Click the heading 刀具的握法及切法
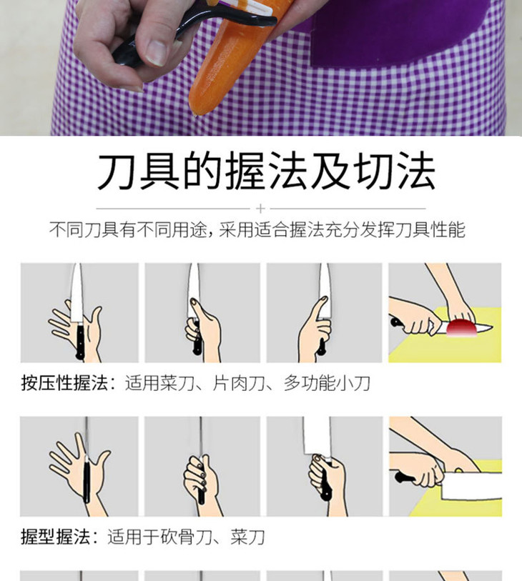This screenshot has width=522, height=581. tap(266, 171)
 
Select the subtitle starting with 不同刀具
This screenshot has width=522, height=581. tap(257, 229)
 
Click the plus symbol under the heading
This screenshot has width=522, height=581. tap(261, 209)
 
